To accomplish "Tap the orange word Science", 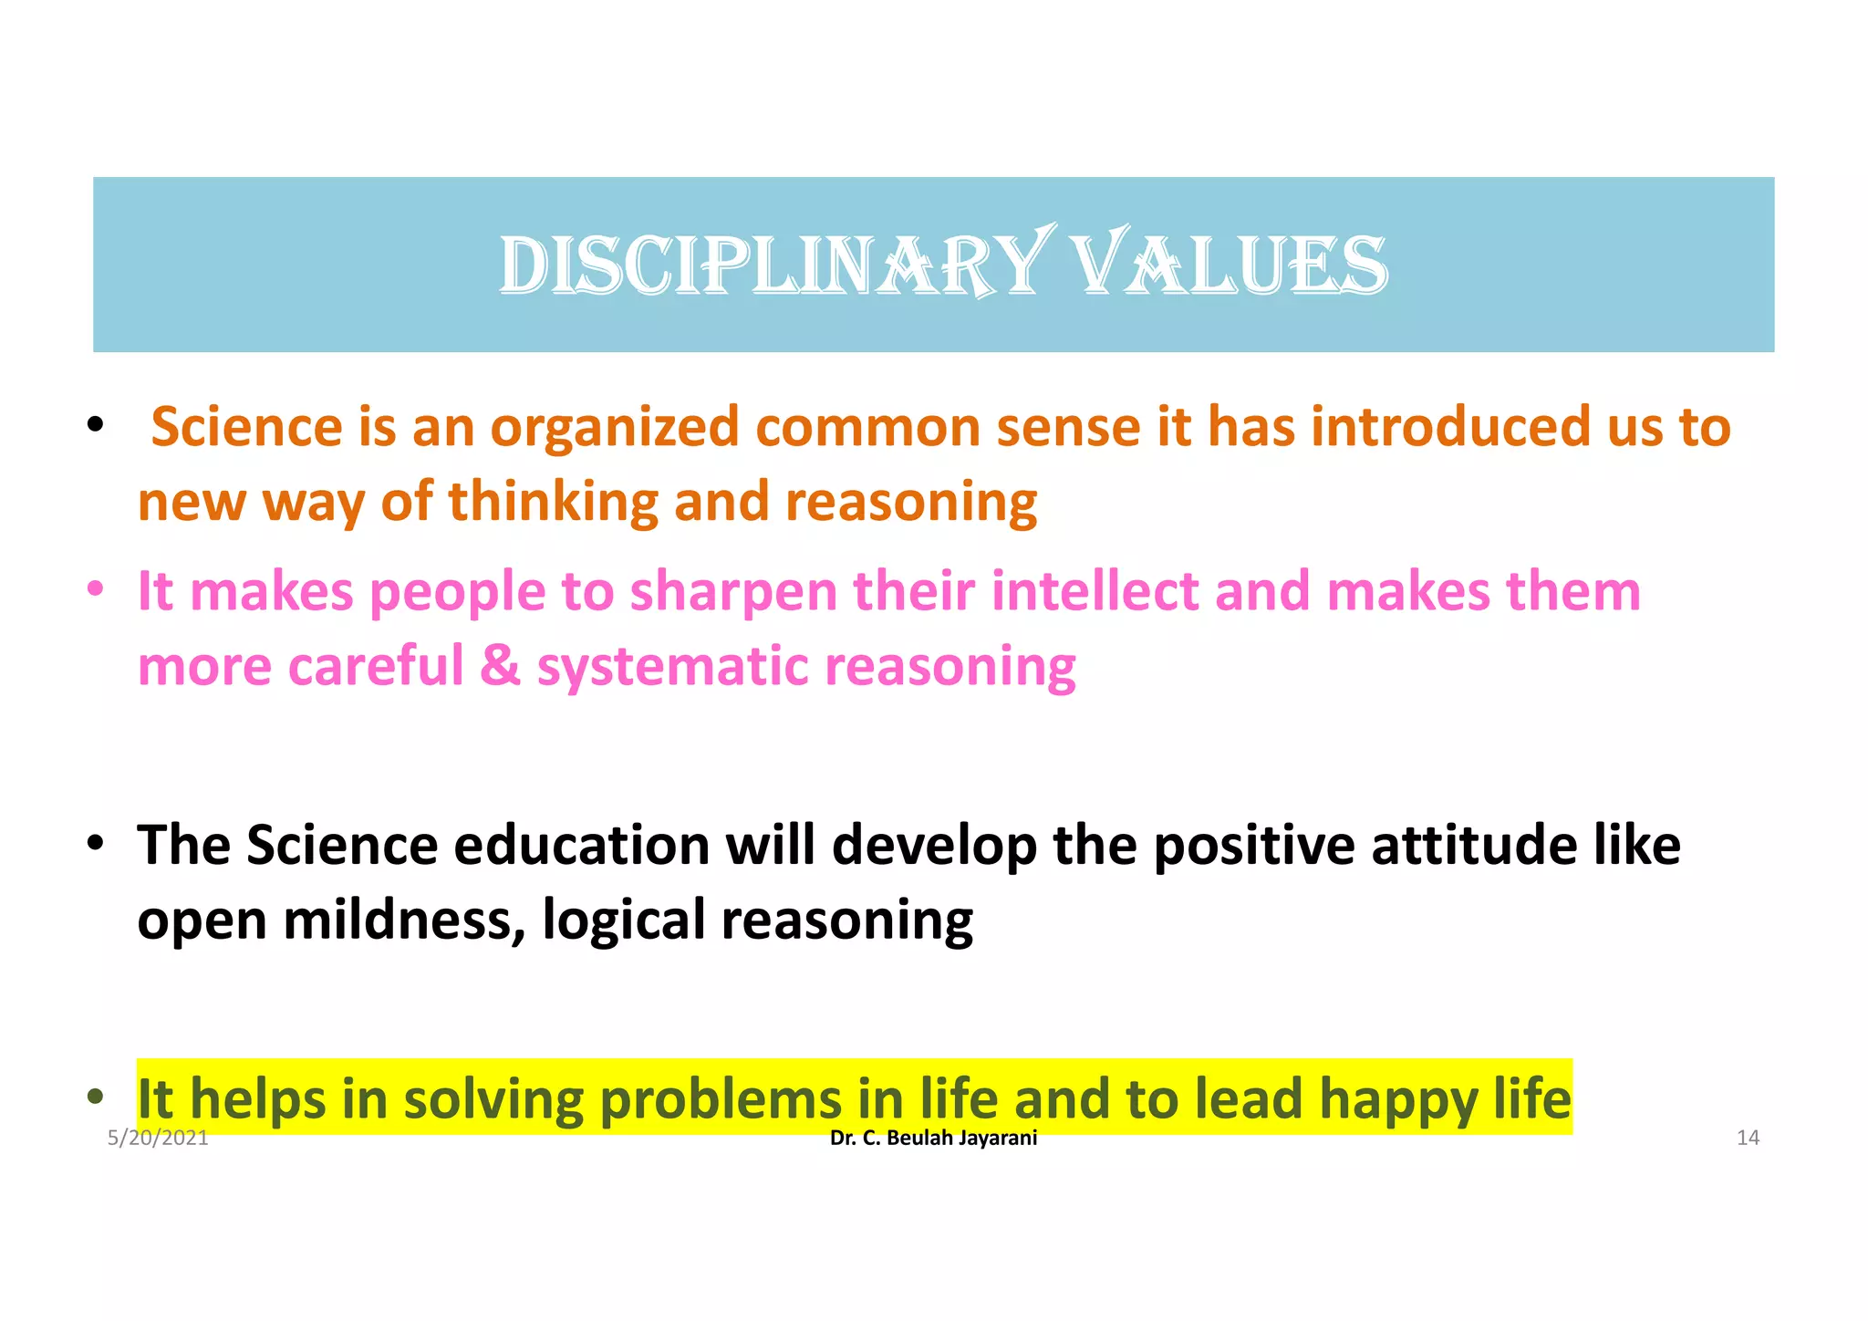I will (246, 427).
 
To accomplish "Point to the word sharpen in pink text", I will (732, 592).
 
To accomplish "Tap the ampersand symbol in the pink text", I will (500, 665).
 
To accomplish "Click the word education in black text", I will (581, 845).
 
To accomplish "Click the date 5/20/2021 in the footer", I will (158, 1138).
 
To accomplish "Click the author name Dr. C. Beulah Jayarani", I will (933, 1138).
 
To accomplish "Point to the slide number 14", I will (1747, 1138).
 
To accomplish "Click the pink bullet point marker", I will (95, 590).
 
